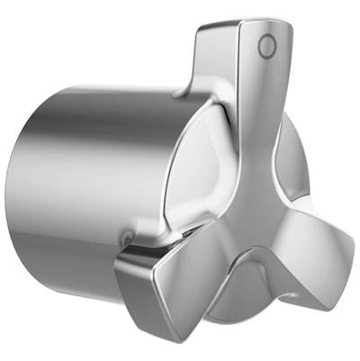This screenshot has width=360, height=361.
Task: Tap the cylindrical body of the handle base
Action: [x=90, y=180]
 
